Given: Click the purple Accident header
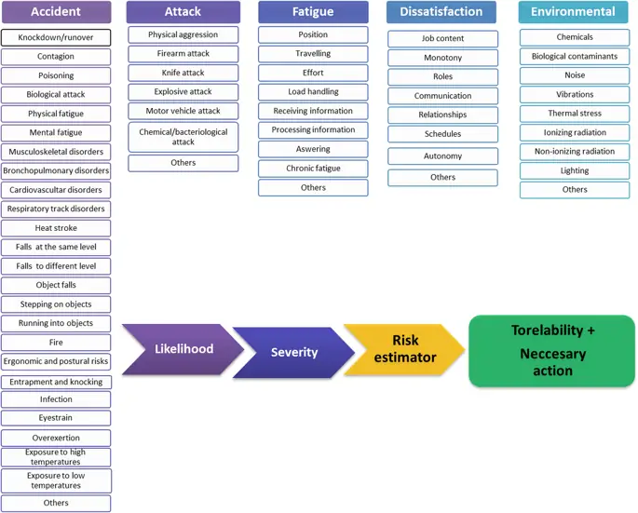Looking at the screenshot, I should pos(56,12).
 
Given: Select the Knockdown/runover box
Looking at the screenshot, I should pos(56,37).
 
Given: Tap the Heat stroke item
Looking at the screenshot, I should pos(56,228).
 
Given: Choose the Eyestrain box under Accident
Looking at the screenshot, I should pos(56,419).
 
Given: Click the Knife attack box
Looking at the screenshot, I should pos(183,73).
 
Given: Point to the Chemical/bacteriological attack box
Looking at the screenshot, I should pos(183,137).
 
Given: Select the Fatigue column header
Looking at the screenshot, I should pos(313,12).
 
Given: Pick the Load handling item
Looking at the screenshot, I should pos(313,92).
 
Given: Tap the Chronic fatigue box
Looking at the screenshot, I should pos(313,169).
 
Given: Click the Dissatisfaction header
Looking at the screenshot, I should pos(441,12).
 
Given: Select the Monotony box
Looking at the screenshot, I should pos(442,58).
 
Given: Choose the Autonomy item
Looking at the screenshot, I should pos(442,156).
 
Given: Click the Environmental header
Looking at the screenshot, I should pos(574,12).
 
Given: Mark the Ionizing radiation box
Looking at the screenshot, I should pos(575,132).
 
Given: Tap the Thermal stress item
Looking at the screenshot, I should pos(575,114).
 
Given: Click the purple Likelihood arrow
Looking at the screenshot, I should pos(183,349).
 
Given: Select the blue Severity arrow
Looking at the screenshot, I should pos(293,353).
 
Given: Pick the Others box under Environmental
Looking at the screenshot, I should pos(575,190).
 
